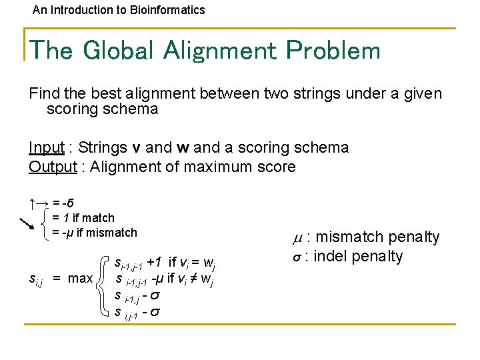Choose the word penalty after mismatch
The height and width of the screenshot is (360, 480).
[413, 237]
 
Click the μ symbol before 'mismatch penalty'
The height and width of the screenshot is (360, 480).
[297, 237]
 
